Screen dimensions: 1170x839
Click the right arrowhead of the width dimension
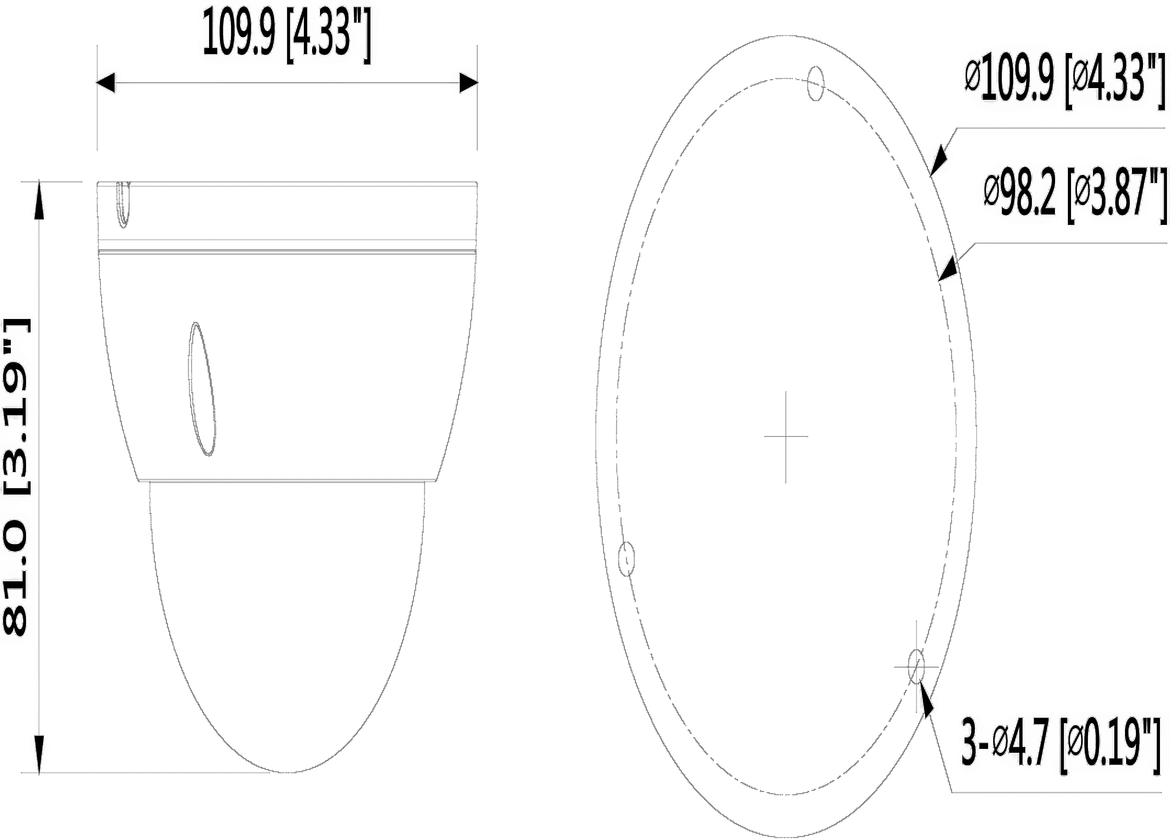[468, 83]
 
